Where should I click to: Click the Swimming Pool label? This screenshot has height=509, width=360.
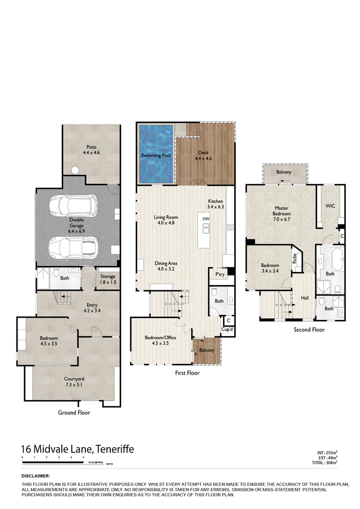(156, 155)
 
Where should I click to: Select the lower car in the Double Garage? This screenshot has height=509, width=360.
(74, 245)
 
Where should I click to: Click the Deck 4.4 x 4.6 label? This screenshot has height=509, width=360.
(204, 156)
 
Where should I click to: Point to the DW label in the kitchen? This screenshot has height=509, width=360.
(205, 219)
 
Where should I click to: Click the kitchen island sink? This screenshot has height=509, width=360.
(206, 229)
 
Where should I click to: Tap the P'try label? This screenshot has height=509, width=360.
(219, 274)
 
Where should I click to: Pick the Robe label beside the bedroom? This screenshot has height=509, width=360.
(295, 258)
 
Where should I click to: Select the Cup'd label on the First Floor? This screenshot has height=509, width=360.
(228, 329)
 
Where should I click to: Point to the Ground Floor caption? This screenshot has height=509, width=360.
(74, 412)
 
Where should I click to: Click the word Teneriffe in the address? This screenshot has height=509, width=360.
(115, 449)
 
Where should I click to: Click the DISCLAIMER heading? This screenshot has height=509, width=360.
(35, 476)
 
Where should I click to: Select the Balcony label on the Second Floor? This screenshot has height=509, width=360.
(284, 172)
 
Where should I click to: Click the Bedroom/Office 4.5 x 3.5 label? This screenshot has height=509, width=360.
(157, 340)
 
